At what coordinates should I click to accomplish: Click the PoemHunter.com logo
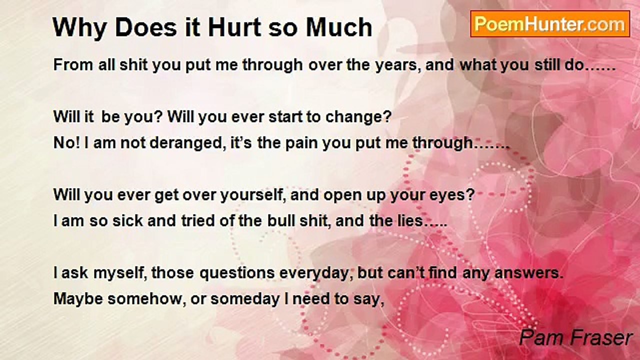click(x=550, y=24)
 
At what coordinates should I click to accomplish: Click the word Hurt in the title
click(x=234, y=27)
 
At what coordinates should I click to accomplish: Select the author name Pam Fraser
click(x=575, y=337)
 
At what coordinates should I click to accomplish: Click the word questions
click(x=237, y=273)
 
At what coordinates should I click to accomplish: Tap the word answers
click(x=529, y=273)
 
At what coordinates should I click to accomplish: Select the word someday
click(x=245, y=299)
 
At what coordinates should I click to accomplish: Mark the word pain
click(x=301, y=143)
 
